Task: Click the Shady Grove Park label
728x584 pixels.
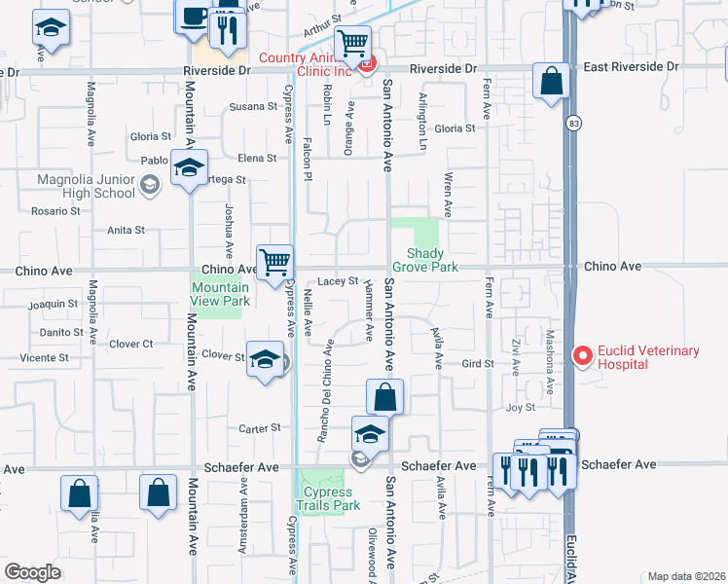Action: [x=424, y=260]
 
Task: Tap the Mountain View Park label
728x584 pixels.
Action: [x=220, y=294]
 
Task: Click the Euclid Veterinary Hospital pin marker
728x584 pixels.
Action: [x=583, y=357]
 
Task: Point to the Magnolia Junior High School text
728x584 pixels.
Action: [x=72, y=186]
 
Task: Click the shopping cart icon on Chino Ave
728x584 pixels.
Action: [x=276, y=262]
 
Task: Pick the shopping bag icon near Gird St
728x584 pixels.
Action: [x=385, y=397]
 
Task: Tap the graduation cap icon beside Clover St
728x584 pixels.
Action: [x=264, y=361]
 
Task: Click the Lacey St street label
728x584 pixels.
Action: [x=338, y=280]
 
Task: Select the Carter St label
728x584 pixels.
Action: [x=260, y=427]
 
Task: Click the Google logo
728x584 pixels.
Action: [x=32, y=571]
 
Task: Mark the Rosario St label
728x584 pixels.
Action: [x=47, y=210]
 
